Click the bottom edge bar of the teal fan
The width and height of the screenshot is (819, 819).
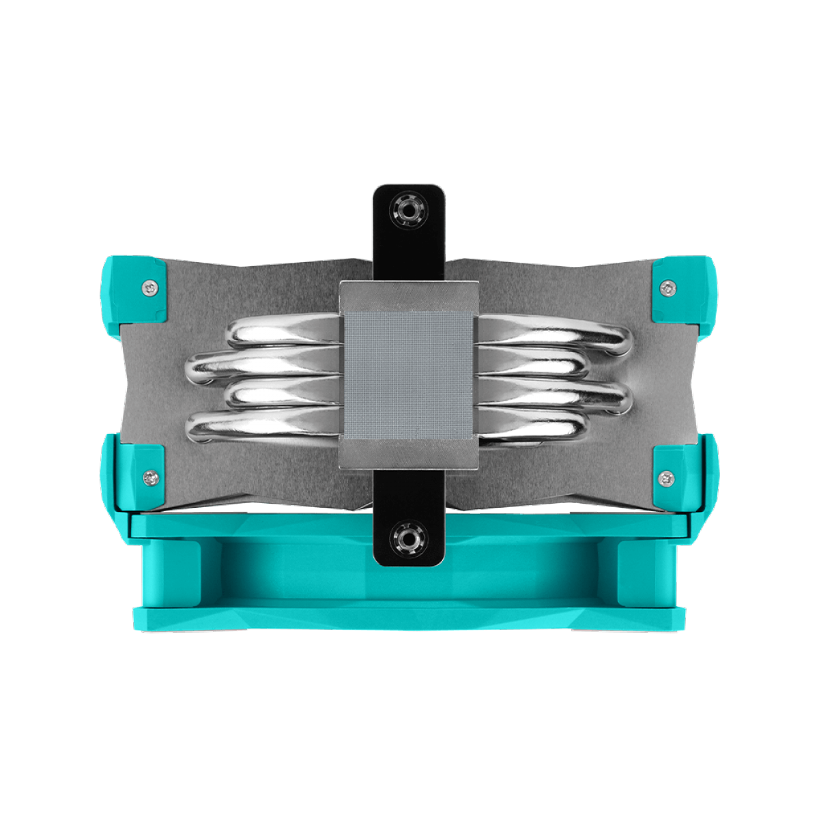[x=409, y=618]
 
